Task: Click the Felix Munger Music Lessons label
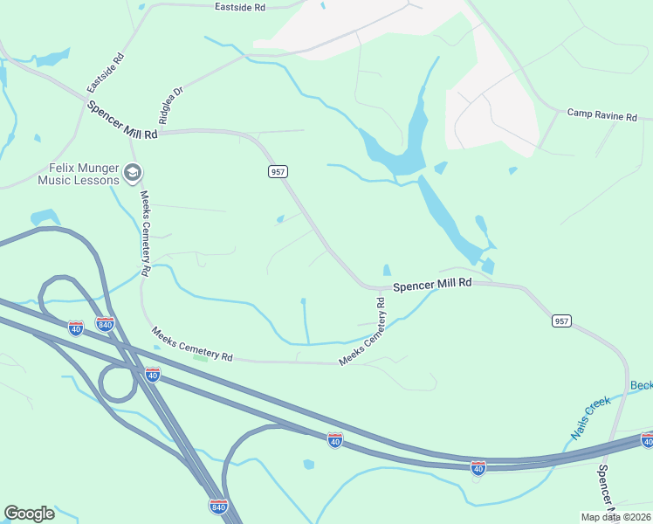point(78,175)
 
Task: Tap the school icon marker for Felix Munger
point(133,172)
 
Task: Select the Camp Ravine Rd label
point(602,114)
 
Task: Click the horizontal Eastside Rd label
point(240,7)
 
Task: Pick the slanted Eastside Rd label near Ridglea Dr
point(106,73)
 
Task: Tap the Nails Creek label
point(590,417)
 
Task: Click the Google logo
point(29,514)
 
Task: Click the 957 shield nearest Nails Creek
point(562,321)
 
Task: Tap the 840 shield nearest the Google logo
point(219,506)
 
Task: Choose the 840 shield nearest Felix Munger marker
point(105,323)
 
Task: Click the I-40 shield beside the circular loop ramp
point(152,376)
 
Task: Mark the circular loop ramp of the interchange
point(117,383)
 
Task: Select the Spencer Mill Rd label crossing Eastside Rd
point(122,120)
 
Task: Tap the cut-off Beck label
point(642,385)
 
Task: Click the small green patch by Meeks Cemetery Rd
point(202,358)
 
